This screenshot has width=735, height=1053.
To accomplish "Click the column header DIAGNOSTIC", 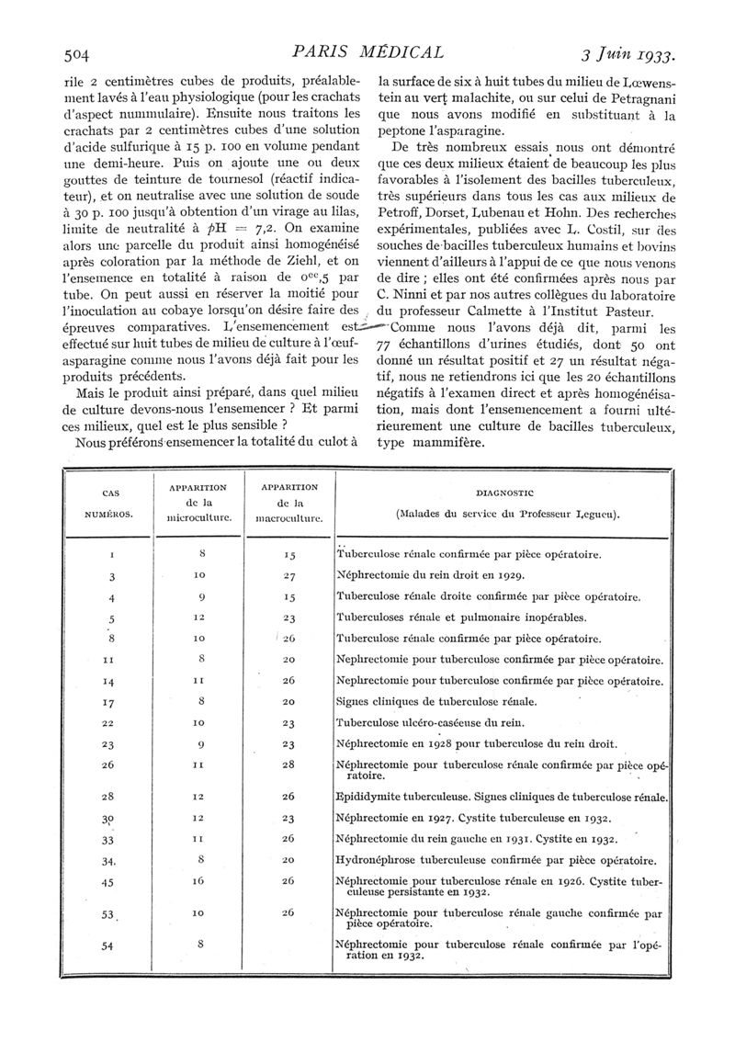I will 506,493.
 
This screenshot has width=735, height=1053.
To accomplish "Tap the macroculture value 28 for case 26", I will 289,764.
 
